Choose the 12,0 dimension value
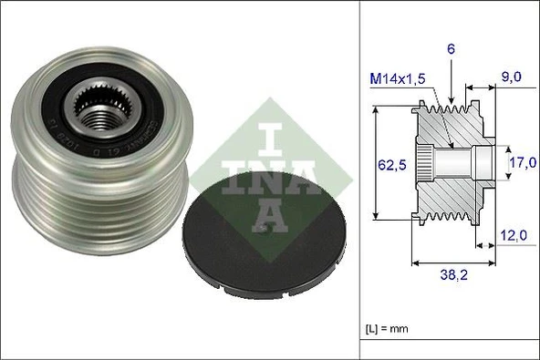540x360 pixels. (514, 237)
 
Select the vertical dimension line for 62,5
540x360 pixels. (376, 164)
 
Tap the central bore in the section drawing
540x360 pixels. (461, 164)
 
